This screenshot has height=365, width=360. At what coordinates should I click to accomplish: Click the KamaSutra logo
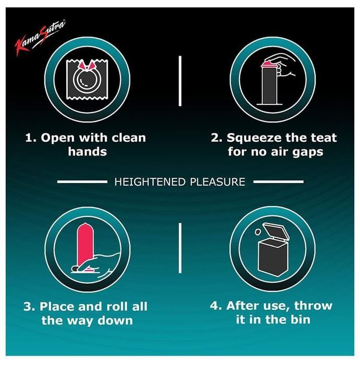tap(40, 37)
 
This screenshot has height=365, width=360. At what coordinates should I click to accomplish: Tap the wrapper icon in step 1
tap(87, 80)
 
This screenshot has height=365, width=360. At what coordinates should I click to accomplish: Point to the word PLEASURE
tap(218, 182)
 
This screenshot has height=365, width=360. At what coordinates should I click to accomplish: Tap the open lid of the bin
tap(276, 231)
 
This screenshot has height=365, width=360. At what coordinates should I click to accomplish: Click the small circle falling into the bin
tap(258, 232)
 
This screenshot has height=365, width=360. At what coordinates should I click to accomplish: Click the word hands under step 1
tap(87, 152)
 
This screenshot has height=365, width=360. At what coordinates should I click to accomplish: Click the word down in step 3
tap(115, 321)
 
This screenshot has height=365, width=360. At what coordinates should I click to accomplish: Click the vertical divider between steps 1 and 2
tap(180, 81)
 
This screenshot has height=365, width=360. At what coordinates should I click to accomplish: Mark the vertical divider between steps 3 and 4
tap(180, 248)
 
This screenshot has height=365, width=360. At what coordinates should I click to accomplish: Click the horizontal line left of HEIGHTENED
tap(82, 182)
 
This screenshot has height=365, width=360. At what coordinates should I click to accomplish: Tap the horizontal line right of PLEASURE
tap(279, 182)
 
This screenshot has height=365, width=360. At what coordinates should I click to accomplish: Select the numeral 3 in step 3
tap(28, 307)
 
